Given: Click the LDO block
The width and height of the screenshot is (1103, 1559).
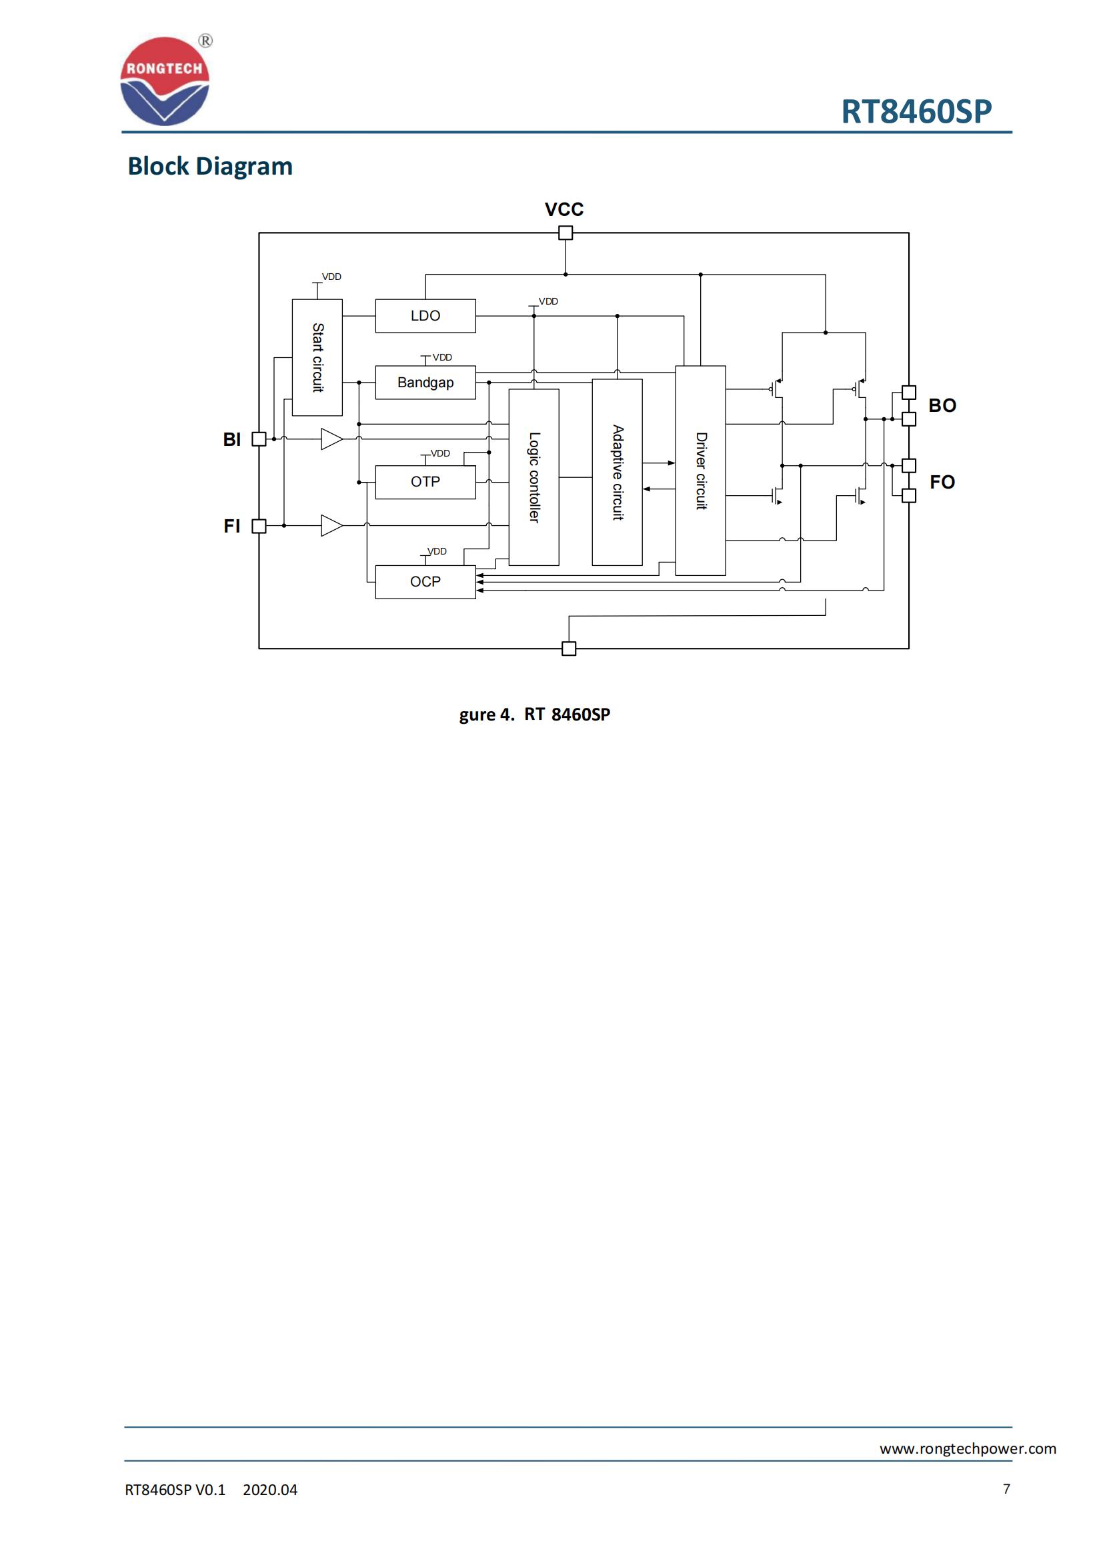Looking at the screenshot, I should tap(425, 316).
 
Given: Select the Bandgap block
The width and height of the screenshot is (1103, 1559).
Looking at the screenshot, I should tap(425, 383).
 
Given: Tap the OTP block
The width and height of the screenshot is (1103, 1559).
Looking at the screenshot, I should tap(425, 482).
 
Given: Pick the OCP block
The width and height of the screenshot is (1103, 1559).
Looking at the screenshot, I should tap(425, 582).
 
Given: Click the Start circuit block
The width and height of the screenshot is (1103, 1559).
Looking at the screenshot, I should tap(317, 357).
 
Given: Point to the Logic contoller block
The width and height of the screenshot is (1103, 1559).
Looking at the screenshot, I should tap(534, 477).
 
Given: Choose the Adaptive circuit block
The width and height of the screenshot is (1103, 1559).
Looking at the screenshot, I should tap(618, 473).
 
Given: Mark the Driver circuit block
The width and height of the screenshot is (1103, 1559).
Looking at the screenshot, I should tap(700, 471).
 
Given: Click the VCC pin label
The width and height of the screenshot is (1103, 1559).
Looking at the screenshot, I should tap(564, 209).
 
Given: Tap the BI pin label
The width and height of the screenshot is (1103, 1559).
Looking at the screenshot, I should tap(231, 439).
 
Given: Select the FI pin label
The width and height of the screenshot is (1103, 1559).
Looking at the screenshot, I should tap(231, 527).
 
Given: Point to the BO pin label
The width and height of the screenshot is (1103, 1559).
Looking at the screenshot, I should tap(942, 405).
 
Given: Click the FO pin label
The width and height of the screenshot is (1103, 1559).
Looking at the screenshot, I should tap(942, 482).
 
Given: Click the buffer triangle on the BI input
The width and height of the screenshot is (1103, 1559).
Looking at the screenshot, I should tap(331, 439).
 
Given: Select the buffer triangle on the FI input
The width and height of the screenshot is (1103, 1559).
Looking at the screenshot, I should tap(331, 525).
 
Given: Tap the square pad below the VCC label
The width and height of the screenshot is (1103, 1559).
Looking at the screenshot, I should tap(565, 233).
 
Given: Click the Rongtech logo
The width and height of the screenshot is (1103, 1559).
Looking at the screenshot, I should tap(165, 81).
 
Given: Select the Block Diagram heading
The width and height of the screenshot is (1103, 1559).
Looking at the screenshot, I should tap(210, 167).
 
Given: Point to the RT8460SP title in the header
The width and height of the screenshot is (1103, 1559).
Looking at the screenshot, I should tap(916, 111).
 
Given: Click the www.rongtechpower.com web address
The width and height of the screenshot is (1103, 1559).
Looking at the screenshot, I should tap(967, 1448).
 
